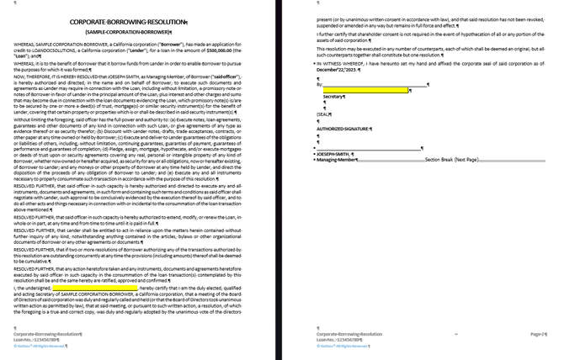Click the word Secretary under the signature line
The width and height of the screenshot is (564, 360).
tap(333, 97)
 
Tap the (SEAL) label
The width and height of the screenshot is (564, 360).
tap(323, 114)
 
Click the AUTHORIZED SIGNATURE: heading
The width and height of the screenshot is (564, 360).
tap(343, 130)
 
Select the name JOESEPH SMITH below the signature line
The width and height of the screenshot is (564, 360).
tap(336, 154)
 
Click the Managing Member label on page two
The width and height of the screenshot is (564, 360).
tap(338, 160)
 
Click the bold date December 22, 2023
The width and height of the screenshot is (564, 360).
tap(337, 68)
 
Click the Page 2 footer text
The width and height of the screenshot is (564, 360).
tap(537, 334)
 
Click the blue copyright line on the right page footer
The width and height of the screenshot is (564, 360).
tap(343, 346)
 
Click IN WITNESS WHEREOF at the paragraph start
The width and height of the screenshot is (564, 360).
tap(344, 63)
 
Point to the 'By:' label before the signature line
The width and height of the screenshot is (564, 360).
tap(320, 85)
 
